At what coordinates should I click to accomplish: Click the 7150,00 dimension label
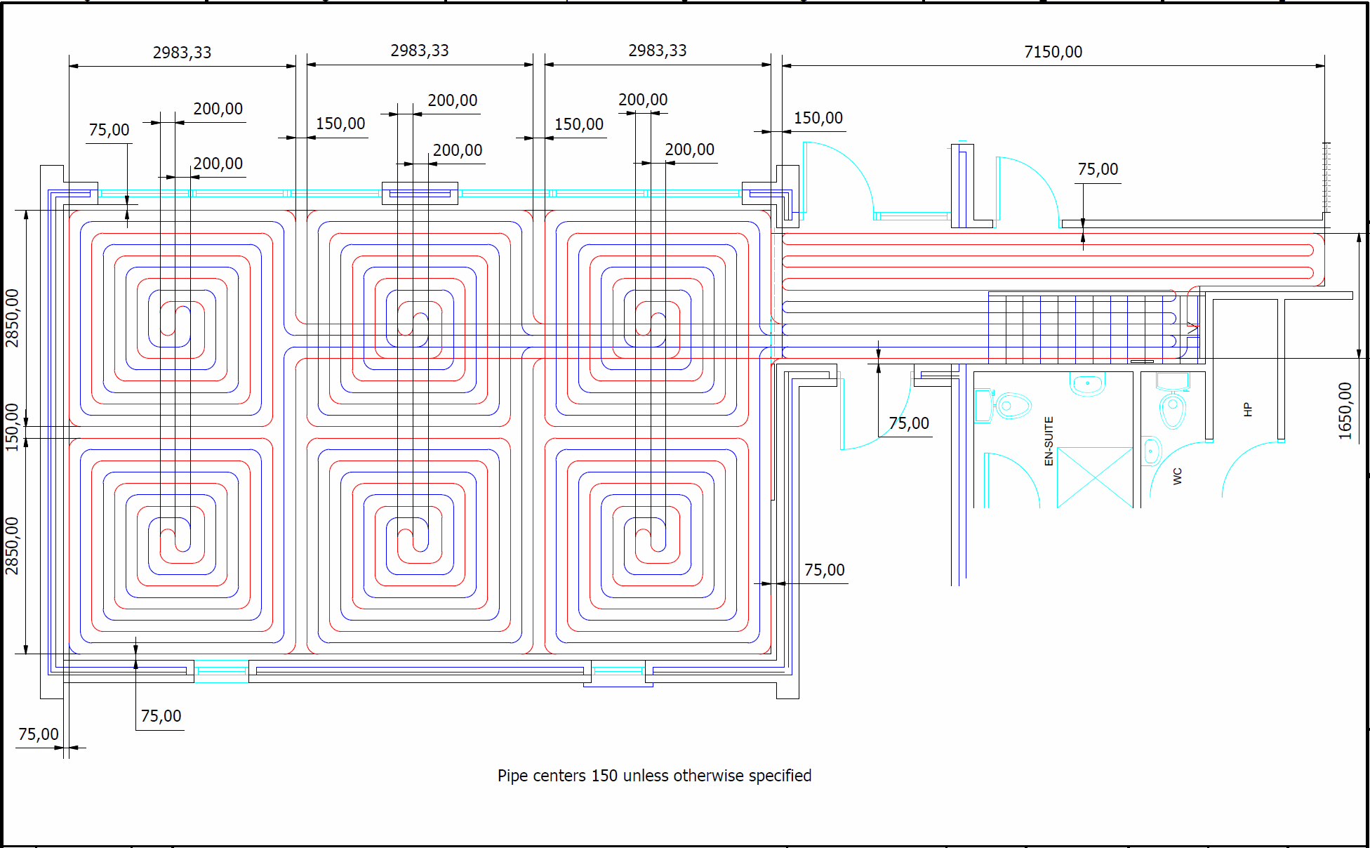point(1053,52)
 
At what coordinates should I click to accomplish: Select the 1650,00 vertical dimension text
point(1345,411)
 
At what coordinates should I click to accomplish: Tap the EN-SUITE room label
point(1049,441)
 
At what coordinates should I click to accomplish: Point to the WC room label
point(1178,476)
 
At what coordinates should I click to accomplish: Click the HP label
point(1247,409)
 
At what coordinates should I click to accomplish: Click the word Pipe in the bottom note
point(512,776)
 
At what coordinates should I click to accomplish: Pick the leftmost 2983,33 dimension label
point(182,53)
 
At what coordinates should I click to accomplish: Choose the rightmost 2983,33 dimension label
point(657,51)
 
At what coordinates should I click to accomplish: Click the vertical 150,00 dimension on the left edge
point(12,427)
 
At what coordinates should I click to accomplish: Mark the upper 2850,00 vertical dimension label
point(12,317)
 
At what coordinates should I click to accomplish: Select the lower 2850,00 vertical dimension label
point(12,545)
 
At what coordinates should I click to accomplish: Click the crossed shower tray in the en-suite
point(1094,477)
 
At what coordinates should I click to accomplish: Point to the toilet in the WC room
point(1172,409)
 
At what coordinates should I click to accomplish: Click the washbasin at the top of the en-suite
point(1087,383)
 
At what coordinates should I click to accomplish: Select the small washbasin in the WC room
point(1151,451)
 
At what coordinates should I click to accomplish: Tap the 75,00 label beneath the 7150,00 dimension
point(1098,169)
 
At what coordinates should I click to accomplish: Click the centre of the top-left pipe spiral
point(175,319)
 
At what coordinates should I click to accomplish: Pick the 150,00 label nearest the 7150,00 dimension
point(818,118)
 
